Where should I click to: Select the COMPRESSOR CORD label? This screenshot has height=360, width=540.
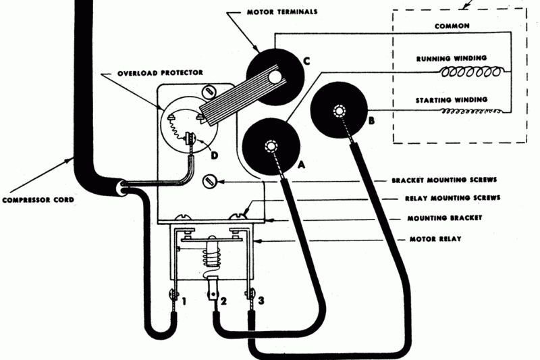(x=37, y=199)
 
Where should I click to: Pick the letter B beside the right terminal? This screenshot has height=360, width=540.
(x=371, y=122)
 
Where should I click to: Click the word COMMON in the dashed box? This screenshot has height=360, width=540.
(x=452, y=26)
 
